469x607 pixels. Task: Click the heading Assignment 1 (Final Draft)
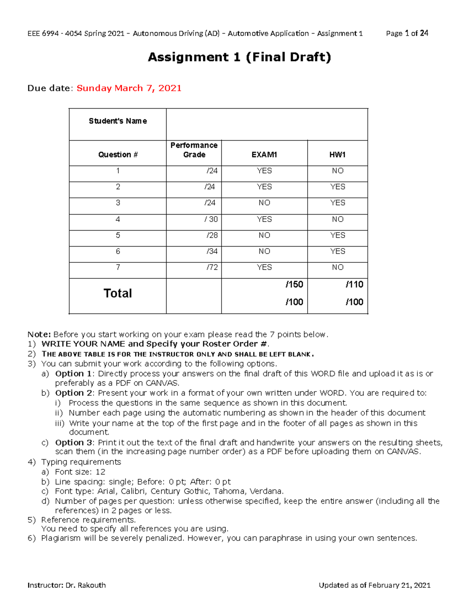(x=239, y=57)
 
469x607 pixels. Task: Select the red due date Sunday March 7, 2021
(x=129, y=88)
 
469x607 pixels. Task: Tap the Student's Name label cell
(x=118, y=121)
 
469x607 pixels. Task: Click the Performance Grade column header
(x=194, y=150)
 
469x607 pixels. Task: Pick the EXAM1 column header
(x=264, y=155)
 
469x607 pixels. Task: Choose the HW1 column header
(x=337, y=155)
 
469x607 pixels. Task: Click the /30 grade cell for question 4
(x=211, y=219)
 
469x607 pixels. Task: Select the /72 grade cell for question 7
(x=212, y=267)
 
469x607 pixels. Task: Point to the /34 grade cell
(x=212, y=251)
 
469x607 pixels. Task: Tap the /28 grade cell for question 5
(x=212, y=235)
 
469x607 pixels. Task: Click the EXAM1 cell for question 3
(x=264, y=203)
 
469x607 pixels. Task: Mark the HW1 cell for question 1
(x=337, y=171)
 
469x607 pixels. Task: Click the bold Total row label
(x=118, y=294)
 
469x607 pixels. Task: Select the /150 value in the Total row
(x=294, y=285)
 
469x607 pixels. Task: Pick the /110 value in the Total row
(x=354, y=285)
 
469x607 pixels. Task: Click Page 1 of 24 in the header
(x=407, y=34)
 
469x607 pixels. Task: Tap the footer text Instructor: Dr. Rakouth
(x=66, y=585)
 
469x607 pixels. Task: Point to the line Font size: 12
(x=80, y=472)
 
